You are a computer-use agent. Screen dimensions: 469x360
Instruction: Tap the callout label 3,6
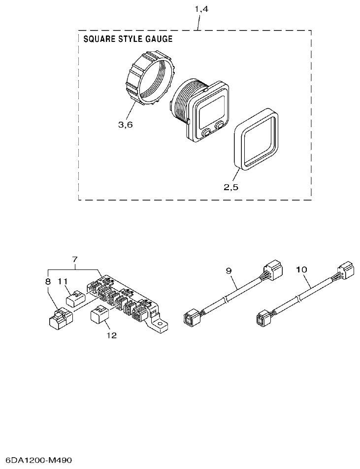(x=126, y=125)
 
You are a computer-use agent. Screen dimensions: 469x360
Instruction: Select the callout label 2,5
(x=231, y=187)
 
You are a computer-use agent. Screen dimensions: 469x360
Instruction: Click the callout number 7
(x=75, y=259)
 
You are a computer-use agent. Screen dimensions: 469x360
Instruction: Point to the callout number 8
(x=48, y=281)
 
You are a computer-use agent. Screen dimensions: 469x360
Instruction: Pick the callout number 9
(x=229, y=270)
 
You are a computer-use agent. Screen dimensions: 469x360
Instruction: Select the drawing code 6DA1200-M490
(x=36, y=460)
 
